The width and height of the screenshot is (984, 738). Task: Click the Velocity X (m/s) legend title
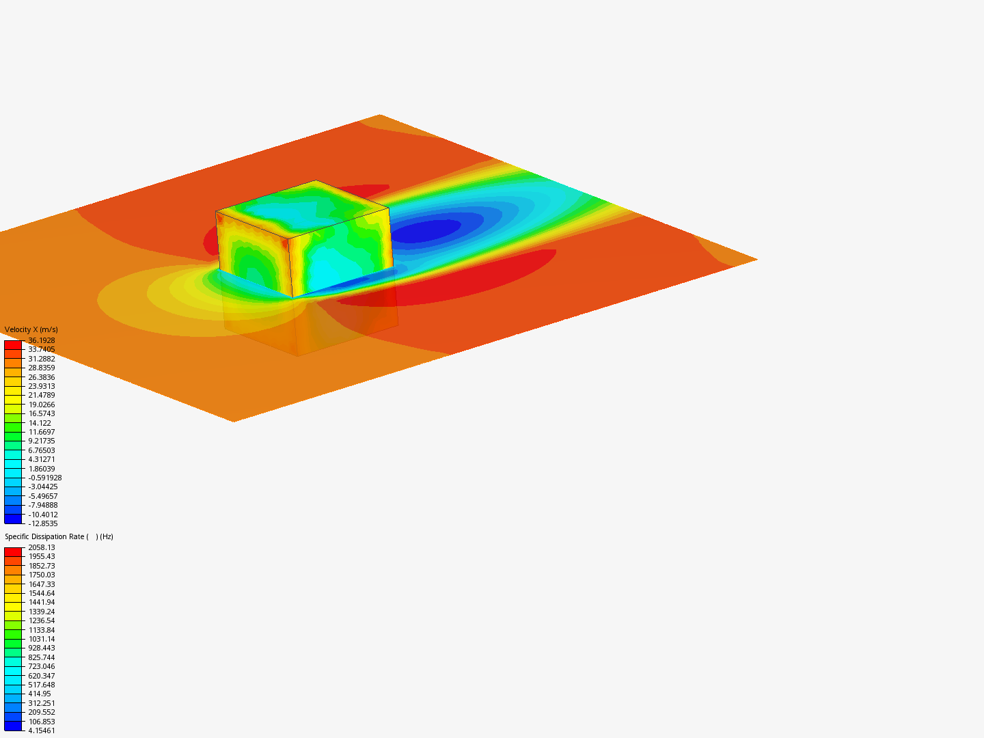[31, 330]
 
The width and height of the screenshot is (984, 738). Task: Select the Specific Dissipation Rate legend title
[59, 537]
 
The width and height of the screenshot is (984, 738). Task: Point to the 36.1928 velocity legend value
[42, 340]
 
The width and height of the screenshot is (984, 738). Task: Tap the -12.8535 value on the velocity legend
[43, 524]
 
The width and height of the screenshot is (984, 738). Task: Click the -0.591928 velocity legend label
[45, 478]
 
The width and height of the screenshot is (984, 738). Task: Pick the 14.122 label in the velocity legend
[40, 423]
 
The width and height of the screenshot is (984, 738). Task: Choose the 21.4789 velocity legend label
[42, 395]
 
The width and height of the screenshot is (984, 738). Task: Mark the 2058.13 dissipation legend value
[42, 547]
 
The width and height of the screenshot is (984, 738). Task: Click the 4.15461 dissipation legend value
[42, 731]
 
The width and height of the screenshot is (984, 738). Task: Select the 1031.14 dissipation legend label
[42, 639]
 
